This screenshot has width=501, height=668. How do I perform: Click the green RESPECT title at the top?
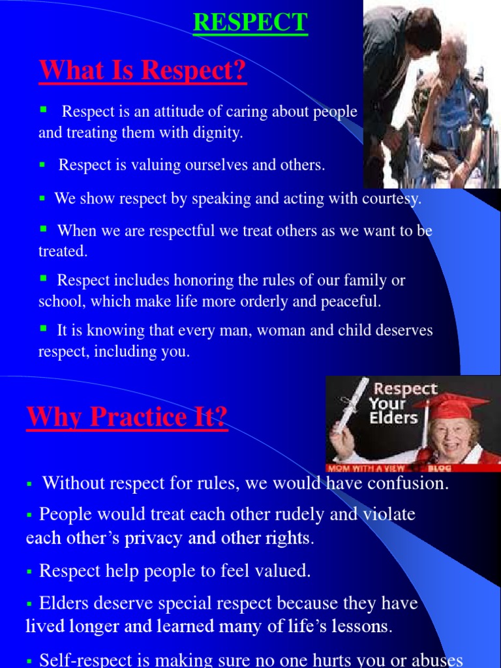(x=250, y=22)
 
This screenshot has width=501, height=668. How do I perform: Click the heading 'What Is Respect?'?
(x=143, y=70)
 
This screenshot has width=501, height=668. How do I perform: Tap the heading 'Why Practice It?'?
(x=127, y=417)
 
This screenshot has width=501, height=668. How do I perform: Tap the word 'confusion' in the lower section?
(x=410, y=484)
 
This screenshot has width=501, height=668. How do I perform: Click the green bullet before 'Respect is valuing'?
(x=42, y=166)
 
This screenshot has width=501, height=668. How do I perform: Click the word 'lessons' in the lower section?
(x=363, y=627)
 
